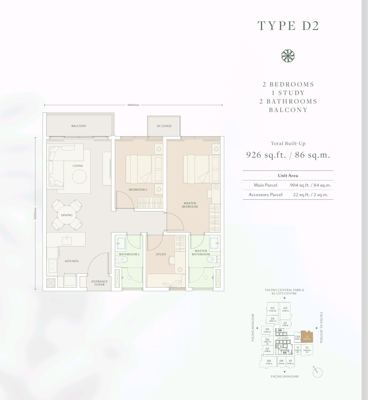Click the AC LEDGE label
(x=164, y=126)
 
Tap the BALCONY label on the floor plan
(x=79, y=126)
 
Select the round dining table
(x=67, y=215)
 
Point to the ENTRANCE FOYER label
(x=99, y=283)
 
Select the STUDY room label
(x=161, y=254)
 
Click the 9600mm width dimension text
(x=133, y=105)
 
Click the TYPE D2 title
(x=288, y=26)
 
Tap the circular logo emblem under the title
(x=288, y=56)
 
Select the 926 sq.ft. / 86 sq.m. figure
(x=288, y=155)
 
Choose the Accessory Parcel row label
(x=265, y=195)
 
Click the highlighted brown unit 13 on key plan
(x=307, y=337)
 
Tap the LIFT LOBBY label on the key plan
(x=283, y=338)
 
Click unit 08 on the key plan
(x=269, y=362)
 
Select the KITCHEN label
(x=72, y=261)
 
